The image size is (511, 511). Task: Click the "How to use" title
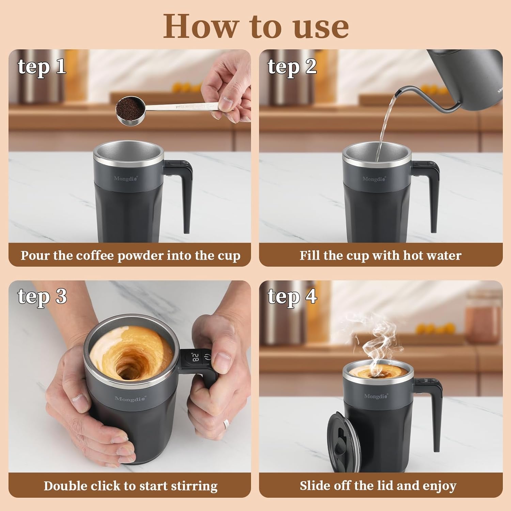click(x=255, y=27)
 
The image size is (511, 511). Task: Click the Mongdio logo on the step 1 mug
click(x=126, y=179)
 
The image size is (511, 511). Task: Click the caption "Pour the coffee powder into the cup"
click(x=130, y=255)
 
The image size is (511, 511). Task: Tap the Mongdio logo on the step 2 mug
click(x=374, y=179)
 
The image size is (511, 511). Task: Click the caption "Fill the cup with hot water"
click(x=381, y=255)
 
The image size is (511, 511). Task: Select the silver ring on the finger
click(x=226, y=424)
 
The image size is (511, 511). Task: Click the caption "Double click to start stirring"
click(x=130, y=486)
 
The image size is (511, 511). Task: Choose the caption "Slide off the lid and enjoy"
click(x=378, y=485)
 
